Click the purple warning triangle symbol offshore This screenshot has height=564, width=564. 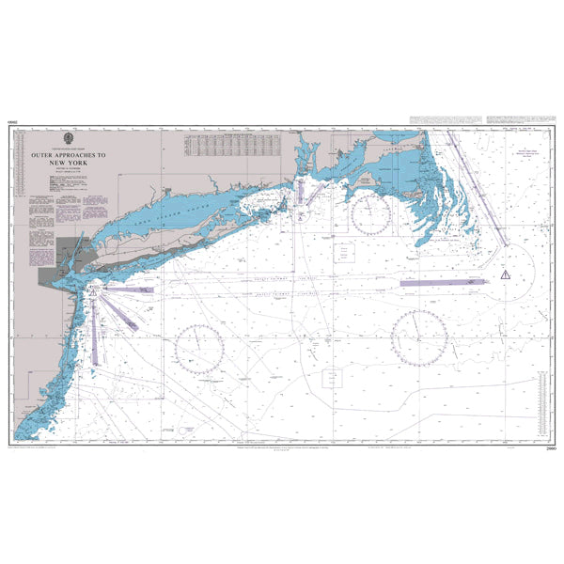coord(505,274)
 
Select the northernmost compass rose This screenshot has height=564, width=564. coord(370,214)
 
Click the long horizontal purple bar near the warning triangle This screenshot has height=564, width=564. coord(442,280)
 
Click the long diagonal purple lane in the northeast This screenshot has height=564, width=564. coord(475,183)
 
